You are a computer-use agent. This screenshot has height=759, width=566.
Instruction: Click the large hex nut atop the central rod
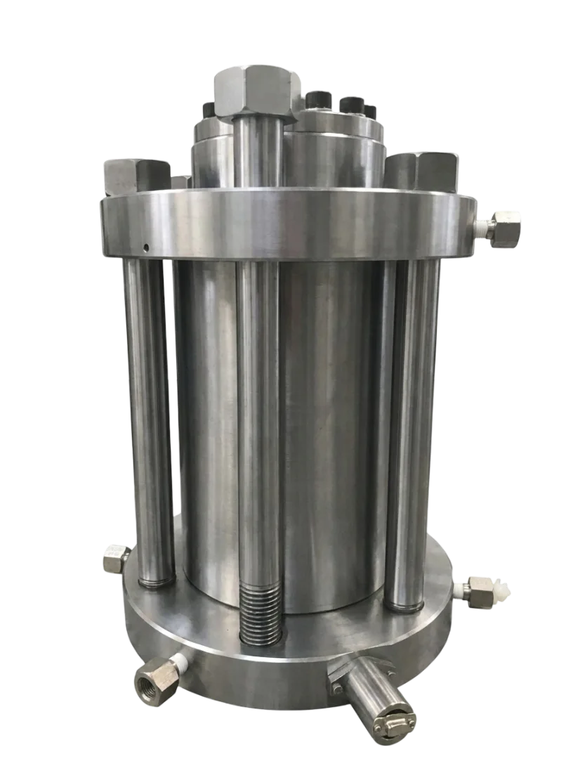(254, 90)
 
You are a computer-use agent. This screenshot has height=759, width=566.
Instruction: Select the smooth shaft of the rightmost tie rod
(412, 422)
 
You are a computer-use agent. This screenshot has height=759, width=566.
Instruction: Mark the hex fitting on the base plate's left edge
(114, 559)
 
